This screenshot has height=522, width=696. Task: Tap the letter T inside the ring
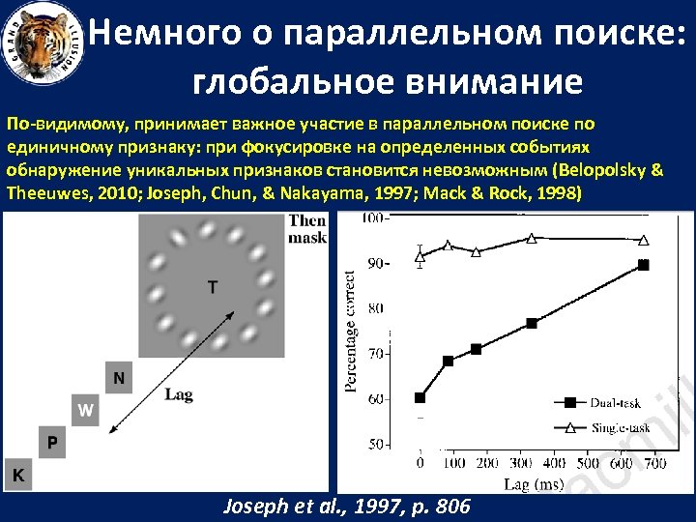[212, 286]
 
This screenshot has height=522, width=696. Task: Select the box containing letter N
[118, 377]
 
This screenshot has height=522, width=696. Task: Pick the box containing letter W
[85, 410]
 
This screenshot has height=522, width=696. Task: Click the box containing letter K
[18, 475]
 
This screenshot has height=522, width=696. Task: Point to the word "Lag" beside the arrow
[179, 393]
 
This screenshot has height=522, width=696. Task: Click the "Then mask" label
[308, 228]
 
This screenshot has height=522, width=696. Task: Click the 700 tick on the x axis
[654, 463]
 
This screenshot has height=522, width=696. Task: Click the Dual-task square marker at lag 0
[420, 397]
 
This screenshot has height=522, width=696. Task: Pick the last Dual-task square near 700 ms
[644, 264]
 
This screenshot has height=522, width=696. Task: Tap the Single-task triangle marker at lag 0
[420, 256]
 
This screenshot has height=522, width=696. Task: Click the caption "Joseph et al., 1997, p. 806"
[347, 506]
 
